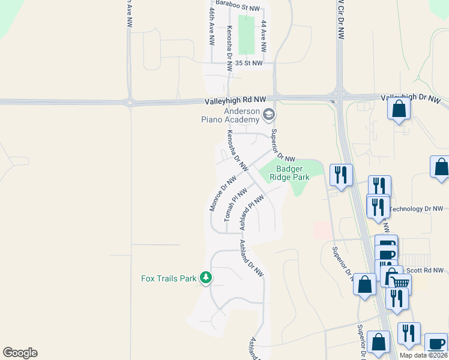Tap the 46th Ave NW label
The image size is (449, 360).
[x=212, y=27]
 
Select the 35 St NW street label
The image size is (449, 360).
[x=249, y=63]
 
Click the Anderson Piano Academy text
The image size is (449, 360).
[x=234, y=115]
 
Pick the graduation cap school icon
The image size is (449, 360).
[x=269, y=113]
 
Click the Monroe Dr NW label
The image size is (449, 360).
[x=221, y=193]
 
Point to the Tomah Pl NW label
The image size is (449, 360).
[x=235, y=204]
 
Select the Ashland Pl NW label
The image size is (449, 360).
[x=252, y=212]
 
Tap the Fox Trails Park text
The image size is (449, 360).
[x=169, y=278]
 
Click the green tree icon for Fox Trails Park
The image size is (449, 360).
[x=206, y=278]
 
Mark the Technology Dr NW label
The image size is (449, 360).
[x=417, y=209]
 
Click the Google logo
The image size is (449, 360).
[x=20, y=353]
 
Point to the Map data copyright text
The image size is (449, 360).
[x=423, y=355]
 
